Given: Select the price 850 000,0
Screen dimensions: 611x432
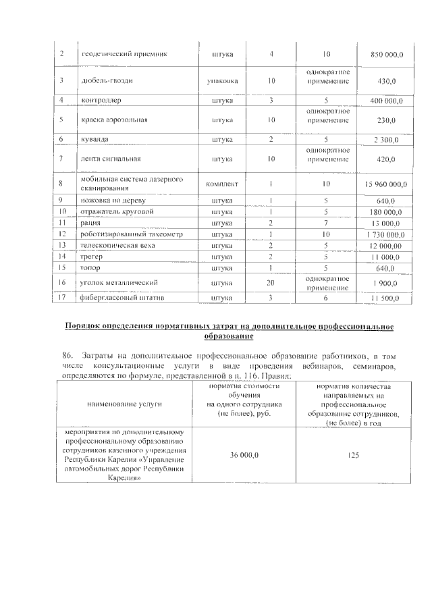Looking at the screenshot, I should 387,53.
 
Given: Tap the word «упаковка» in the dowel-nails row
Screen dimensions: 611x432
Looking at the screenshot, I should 222,82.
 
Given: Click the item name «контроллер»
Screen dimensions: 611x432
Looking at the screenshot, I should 101,101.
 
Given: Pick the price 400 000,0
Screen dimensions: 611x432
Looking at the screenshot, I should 387,101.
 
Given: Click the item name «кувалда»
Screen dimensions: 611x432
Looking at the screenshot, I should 96,139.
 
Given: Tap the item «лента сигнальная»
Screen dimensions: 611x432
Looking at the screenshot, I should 111,159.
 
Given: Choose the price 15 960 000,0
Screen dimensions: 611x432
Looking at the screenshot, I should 385,184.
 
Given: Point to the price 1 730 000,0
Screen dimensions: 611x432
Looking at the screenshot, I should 385,234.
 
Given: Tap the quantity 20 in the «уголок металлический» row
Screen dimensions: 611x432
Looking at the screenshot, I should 271,282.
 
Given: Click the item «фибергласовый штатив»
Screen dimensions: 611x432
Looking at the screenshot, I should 117,298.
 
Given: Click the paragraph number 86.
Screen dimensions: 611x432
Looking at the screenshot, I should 67,355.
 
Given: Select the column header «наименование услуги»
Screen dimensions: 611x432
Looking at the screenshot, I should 125,403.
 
